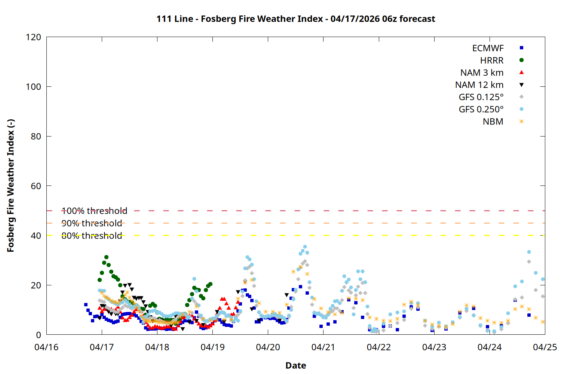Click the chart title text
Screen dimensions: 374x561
pos(295,19)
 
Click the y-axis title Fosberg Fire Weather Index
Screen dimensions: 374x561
pos(10,186)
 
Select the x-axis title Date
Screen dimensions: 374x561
pos(295,365)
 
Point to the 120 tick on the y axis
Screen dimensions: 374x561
pos(33,37)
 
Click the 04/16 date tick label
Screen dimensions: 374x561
pos(46,347)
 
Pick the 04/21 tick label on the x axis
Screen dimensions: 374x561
pos(323,347)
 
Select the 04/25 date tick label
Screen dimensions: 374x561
pos(545,347)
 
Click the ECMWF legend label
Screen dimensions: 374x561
pos(488,48)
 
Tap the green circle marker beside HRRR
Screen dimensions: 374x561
pos(521,60)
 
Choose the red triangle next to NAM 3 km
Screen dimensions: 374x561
pos(521,73)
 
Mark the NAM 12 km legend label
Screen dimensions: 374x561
pos(479,85)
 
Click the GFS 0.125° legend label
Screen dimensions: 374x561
pos(481,97)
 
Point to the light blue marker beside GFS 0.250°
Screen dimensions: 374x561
pos(521,109)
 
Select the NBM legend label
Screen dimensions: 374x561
pos(493,122)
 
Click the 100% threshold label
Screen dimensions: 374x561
pos(94,211)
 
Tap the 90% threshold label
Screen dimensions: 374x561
pos(92,223)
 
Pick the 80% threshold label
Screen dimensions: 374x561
pos(92,236)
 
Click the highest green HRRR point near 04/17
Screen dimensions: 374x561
pos(106,257)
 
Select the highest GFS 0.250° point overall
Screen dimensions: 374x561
pos(305,247)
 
